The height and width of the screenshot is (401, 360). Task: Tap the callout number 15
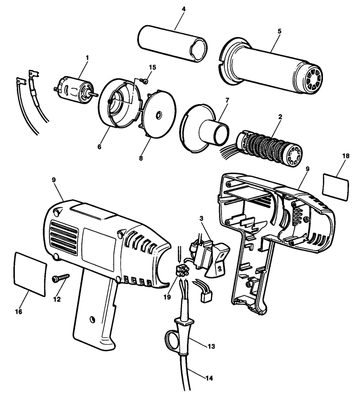coord(152,67)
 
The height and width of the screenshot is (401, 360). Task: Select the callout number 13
coord(212,346)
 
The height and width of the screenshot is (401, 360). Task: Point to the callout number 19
coord(168,297)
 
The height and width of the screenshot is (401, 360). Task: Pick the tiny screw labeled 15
coord(144,81)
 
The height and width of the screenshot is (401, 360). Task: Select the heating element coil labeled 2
coord(269,149)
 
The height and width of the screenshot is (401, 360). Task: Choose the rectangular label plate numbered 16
coord(30,274)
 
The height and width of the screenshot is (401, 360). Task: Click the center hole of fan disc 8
coord(159,115)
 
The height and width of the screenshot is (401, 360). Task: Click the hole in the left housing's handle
coord(91,320)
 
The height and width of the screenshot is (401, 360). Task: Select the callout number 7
coord(227,100)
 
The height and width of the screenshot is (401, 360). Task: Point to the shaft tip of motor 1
coord(96,94)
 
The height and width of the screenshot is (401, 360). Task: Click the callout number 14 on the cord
coord(209,378)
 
